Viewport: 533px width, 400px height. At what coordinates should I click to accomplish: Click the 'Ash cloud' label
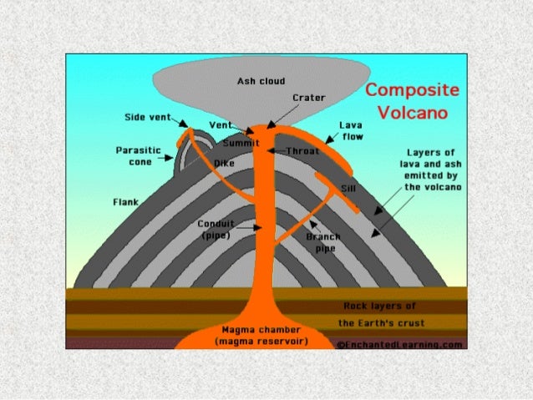pyautogui.click(x=261, y=81)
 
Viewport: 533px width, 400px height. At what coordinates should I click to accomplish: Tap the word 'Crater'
pyautogui.click(x=308, y=98)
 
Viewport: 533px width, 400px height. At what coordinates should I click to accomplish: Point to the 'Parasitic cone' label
pyautogui.click(x=133, y=156)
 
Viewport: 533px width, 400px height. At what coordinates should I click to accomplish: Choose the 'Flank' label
pyautogui.click(x=125, y=202)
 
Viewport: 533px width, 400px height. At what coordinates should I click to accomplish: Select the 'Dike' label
pyautogui.click(x=225, y=163)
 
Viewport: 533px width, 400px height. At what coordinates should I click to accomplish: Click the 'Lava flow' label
pyautogui.click(x=350, y=129)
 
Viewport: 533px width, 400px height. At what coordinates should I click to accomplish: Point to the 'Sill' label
pyautogui.click(x=348, y=189)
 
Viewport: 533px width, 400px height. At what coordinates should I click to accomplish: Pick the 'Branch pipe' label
pyautogui.click(x=322, y=241)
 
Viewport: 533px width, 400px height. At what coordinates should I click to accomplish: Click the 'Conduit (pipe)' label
pyautogui.click(x=216, y=229)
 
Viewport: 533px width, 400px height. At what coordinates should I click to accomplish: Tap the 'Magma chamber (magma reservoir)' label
pyautogui.click(x=261, y=337)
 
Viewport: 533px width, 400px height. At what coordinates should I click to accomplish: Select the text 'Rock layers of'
pyautogui.click(x=380, y=306)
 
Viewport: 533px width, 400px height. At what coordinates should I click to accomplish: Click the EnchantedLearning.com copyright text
pyautogui.click(x=400, y=343)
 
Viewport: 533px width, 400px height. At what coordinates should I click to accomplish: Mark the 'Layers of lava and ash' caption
pyautogui.click(x=429, y=170)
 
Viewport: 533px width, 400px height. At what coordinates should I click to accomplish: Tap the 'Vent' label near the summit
pyautogui.click(x=220, y=124)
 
